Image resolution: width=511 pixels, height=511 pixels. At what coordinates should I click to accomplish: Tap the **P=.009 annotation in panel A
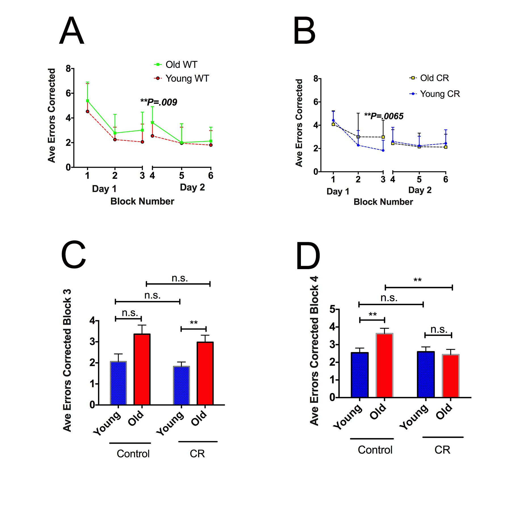[x=159, y=102]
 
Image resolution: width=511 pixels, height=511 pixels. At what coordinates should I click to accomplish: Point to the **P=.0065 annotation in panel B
[x=384, y=116]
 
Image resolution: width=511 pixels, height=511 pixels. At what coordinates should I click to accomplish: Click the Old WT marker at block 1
[x=87, y=101]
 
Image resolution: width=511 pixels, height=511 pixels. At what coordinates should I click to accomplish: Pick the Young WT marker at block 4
[x=152, y=136]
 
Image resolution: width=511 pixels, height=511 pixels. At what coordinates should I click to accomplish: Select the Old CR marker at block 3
[x=383, y=137]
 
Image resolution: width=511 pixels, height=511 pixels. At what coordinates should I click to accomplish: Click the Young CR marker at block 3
[x=383, y=150]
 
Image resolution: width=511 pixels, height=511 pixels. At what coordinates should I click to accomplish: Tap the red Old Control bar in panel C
[x=142, y=369]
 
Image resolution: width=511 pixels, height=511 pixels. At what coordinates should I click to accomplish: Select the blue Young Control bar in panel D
[x=360, y=375]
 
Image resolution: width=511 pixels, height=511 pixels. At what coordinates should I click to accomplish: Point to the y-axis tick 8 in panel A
[x=68, y=68]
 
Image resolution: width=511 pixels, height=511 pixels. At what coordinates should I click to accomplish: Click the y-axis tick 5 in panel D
[x=332, y=309]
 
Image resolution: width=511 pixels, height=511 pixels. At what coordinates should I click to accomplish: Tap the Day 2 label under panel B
[x=420, y=190]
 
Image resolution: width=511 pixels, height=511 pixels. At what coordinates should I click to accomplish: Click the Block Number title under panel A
[x=142, y=201]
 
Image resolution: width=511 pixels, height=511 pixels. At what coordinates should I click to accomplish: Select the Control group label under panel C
[x=133, y=454]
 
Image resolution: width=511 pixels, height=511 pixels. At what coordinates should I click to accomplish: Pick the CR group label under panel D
[x=442, y=450]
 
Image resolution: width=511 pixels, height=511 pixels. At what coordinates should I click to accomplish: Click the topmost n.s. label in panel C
[x=179, y=278]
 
